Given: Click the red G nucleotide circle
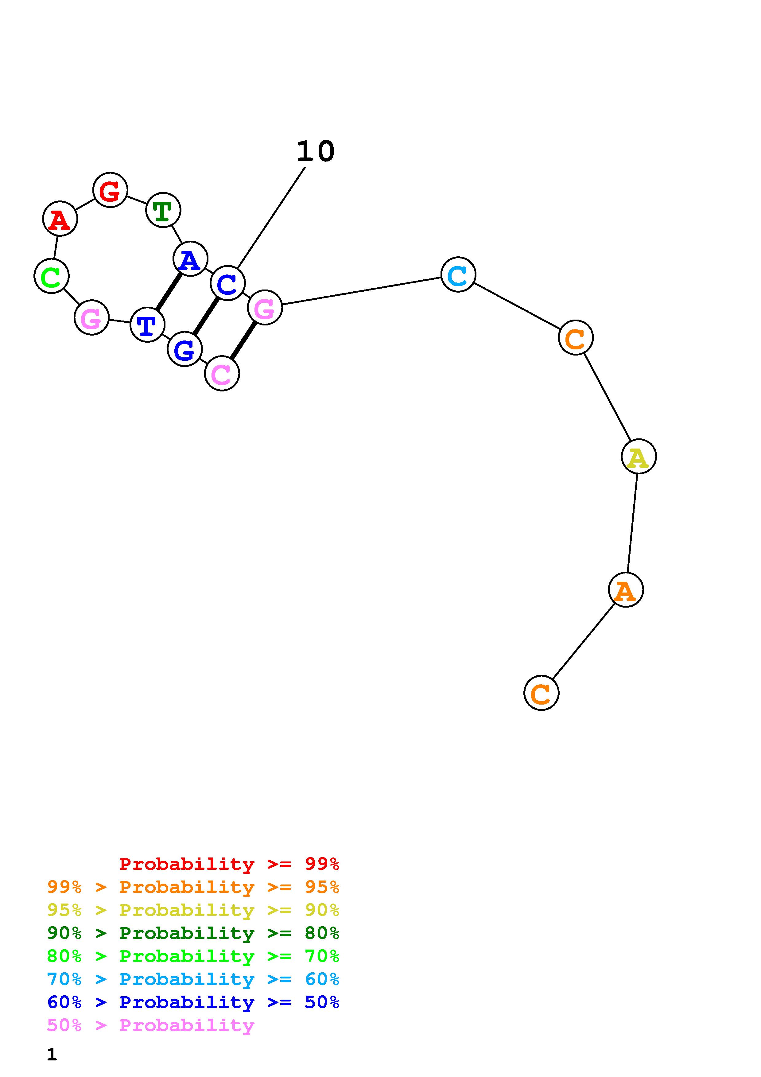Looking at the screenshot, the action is click(x=110, y=190).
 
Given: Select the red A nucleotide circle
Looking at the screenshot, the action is click(x=60, y=219).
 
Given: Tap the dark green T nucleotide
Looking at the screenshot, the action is click(x=163, y=210).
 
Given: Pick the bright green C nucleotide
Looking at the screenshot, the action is click(x=52, y=276).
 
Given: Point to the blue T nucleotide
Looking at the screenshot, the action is click(x=147, y=325).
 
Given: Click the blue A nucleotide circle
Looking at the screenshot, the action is click(x=190, y=259).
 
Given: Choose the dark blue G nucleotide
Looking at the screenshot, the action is click(x=185, y=349).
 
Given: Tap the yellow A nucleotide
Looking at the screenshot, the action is click(x=639, y=457).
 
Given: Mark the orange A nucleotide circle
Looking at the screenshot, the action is click(x=626, y=590).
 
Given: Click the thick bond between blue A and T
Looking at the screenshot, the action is click(x=169, y=291).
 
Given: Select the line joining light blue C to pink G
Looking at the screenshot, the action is click(x=361, y=291).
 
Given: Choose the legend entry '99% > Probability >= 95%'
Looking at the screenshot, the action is click(x=193, y=887).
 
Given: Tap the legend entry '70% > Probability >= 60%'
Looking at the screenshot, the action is click(x=193, y=979).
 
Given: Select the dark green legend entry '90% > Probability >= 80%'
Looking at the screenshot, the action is click(x=193, y=933).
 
